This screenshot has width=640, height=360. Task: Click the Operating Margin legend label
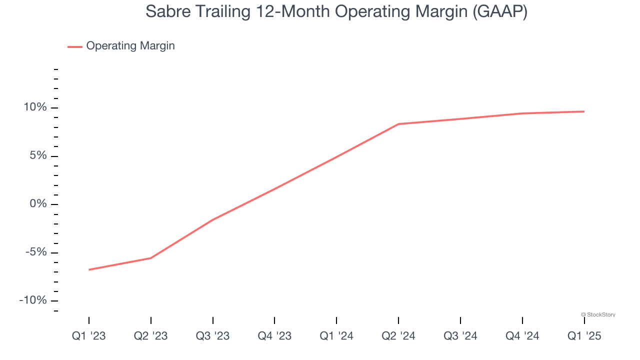coord(130,46)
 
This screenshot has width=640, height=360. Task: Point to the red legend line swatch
coord(75,46)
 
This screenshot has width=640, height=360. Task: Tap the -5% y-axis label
coord(35,252)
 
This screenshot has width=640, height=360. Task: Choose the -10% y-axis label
coord(32,300)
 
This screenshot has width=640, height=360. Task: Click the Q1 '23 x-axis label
coord(89,336)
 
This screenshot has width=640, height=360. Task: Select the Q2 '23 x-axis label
coord(151,336)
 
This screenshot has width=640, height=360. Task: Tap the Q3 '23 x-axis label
coord(213,336)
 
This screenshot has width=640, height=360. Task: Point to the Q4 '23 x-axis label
coord(274,336)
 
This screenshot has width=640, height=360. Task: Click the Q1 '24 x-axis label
coord(336,336)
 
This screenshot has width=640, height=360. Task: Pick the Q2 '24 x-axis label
coord(398,336)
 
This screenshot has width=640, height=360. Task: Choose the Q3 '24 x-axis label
coord(460,336)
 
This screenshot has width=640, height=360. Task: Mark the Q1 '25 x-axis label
coord(584,336)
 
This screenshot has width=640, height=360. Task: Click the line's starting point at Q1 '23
coord(89,269)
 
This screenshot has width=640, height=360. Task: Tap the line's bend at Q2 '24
coord(398,124)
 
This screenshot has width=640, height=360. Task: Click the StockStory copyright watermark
coord(598,314)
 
